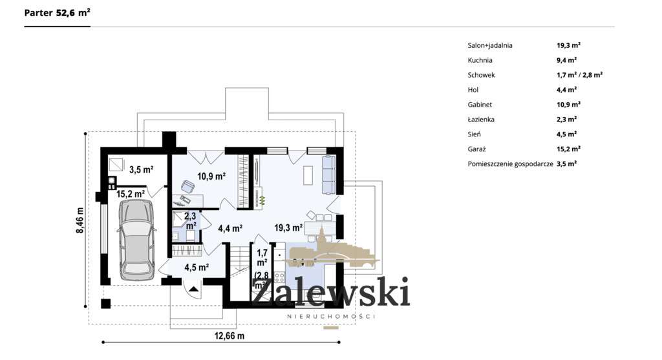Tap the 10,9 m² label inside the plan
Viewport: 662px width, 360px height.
coord(211,176)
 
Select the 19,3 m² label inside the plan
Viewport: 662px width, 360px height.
coord(288,228)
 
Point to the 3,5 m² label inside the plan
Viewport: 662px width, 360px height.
coord(141,170)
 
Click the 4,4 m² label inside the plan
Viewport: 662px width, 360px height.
coord(230,228)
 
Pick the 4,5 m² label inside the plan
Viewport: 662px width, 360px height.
coord(197,267)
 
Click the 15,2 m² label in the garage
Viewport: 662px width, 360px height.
coord(130,193)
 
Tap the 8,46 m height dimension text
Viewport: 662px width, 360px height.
coord(81,221)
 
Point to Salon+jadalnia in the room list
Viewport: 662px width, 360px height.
coord(490,45)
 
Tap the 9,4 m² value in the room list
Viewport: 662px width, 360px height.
coord(566,60)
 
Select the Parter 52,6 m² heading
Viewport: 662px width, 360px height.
coord(57,12)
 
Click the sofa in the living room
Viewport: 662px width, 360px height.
coord(328,174)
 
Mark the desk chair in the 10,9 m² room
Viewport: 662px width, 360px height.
coord(187,187)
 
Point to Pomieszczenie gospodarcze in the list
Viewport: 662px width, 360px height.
coord(510,164)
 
